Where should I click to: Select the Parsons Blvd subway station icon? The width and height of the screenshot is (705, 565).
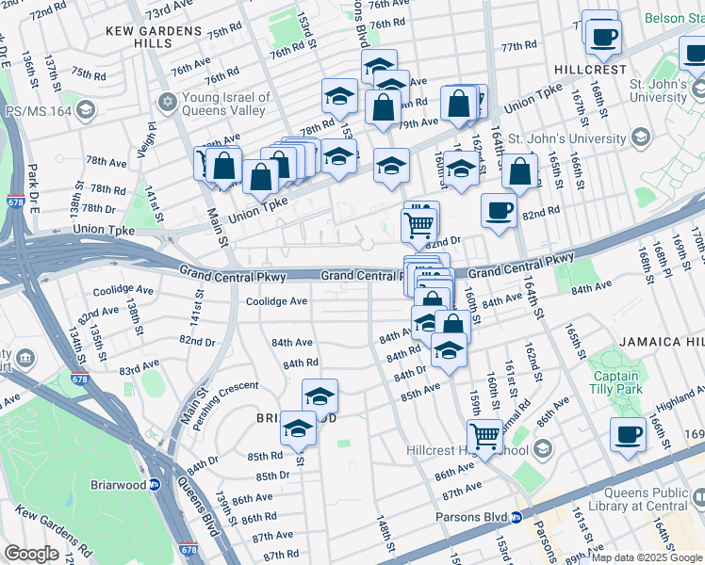click(516, 516)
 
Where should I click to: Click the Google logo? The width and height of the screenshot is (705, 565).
click(32, 554)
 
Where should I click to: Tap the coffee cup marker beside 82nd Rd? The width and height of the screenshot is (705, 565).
click(499, 210)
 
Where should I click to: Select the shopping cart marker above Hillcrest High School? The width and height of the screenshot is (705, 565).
click(484, 435)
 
